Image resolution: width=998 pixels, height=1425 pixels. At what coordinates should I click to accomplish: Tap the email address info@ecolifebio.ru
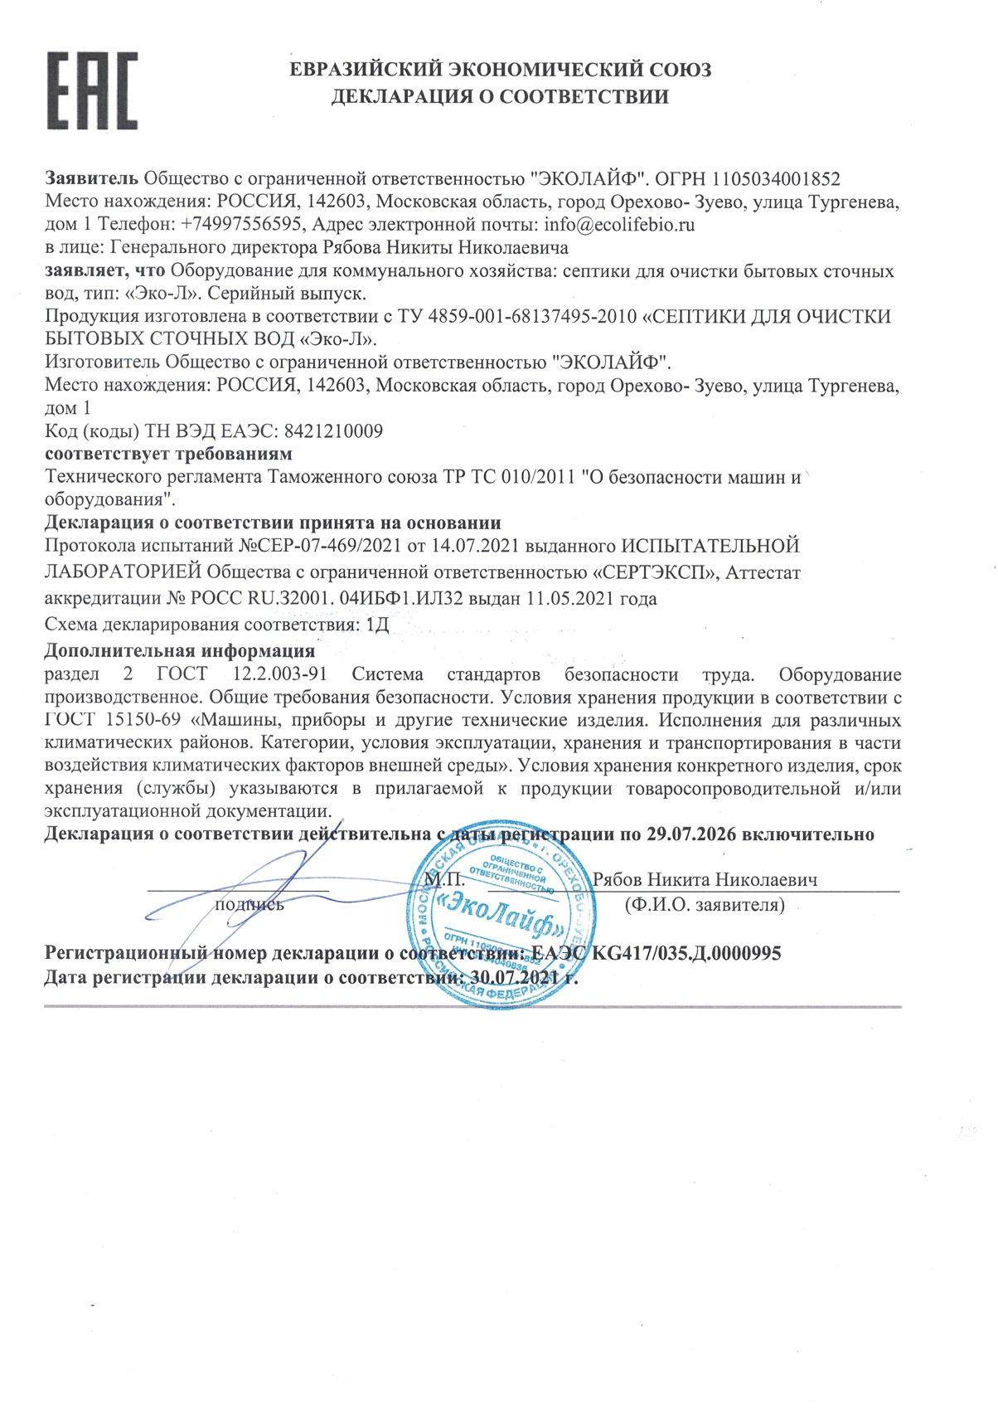(619, 224)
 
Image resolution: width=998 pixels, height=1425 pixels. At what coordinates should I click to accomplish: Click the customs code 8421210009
(333, 431)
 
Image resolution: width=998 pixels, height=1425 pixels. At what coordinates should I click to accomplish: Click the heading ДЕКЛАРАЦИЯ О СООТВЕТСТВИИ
(500, 97)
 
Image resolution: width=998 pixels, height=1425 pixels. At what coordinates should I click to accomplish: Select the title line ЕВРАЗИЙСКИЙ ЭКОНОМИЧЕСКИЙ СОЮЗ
(500, 70)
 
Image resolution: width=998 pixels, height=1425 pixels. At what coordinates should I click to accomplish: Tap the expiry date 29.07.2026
(691, 834)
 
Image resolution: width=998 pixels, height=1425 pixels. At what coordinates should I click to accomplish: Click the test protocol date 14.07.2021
(448, 546)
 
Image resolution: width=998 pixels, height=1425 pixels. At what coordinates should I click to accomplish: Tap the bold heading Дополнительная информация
(179, 650)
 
